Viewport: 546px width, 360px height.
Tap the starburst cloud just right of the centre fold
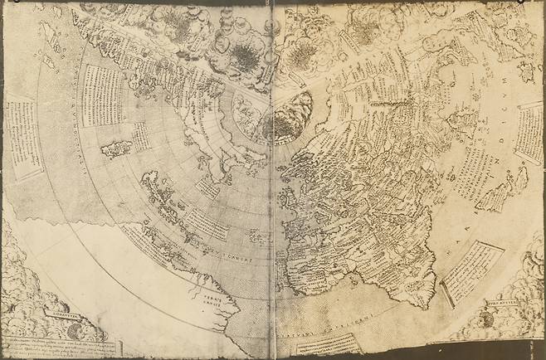coord(304,53)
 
